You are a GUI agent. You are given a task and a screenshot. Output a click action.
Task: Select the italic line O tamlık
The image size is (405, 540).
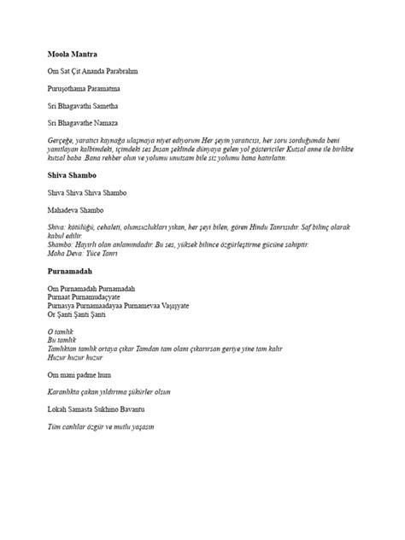pos(60,332)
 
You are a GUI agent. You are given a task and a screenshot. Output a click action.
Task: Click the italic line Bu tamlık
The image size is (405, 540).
pos(60,340)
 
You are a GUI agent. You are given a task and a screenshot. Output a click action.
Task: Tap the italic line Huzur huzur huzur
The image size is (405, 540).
pos(76,357)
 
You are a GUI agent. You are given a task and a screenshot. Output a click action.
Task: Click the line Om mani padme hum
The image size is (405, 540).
pos(79,374)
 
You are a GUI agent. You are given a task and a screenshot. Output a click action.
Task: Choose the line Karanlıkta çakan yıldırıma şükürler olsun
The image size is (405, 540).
pos(109,391)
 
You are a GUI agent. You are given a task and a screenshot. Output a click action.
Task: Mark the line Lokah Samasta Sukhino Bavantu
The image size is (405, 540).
pos(96,409)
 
